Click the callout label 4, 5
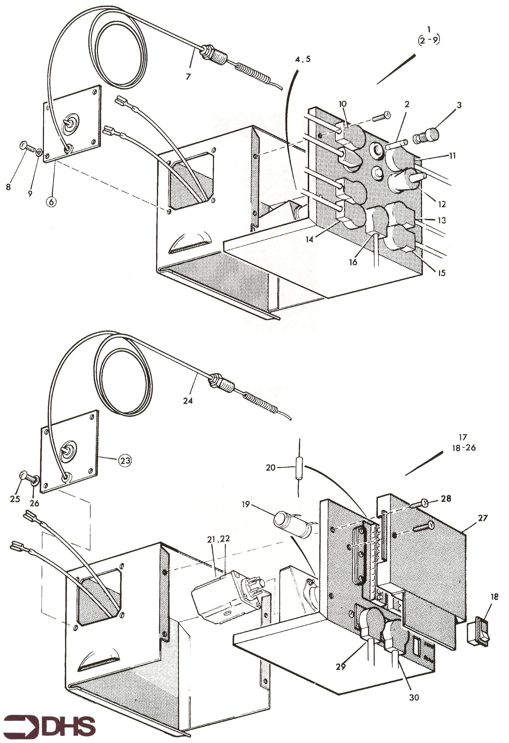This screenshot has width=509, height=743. point(303,60)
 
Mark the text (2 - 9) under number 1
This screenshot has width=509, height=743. point(429,41)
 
